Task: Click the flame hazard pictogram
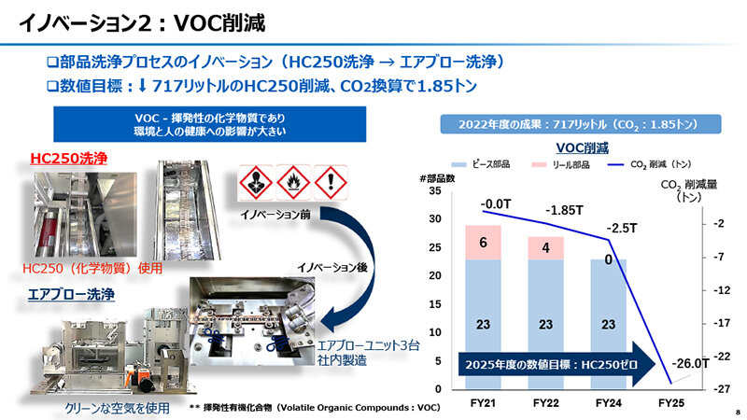pyautogui.click(x=292, y=180)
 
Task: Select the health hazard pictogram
pyautogui.click(x=257, y=180)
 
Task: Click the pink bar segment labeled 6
pyautogui.click(x=484, y=242)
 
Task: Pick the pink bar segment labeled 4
pyautogui.click(x=545, y=248)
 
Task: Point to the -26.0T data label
pyautogui.click(x=689, y=364)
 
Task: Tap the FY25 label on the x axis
pyautogui.click(x=670, y=403)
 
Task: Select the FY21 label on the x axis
pyautogui.click(x=484, y=403)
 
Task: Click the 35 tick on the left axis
pyautogui.click(x=436, y=190)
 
